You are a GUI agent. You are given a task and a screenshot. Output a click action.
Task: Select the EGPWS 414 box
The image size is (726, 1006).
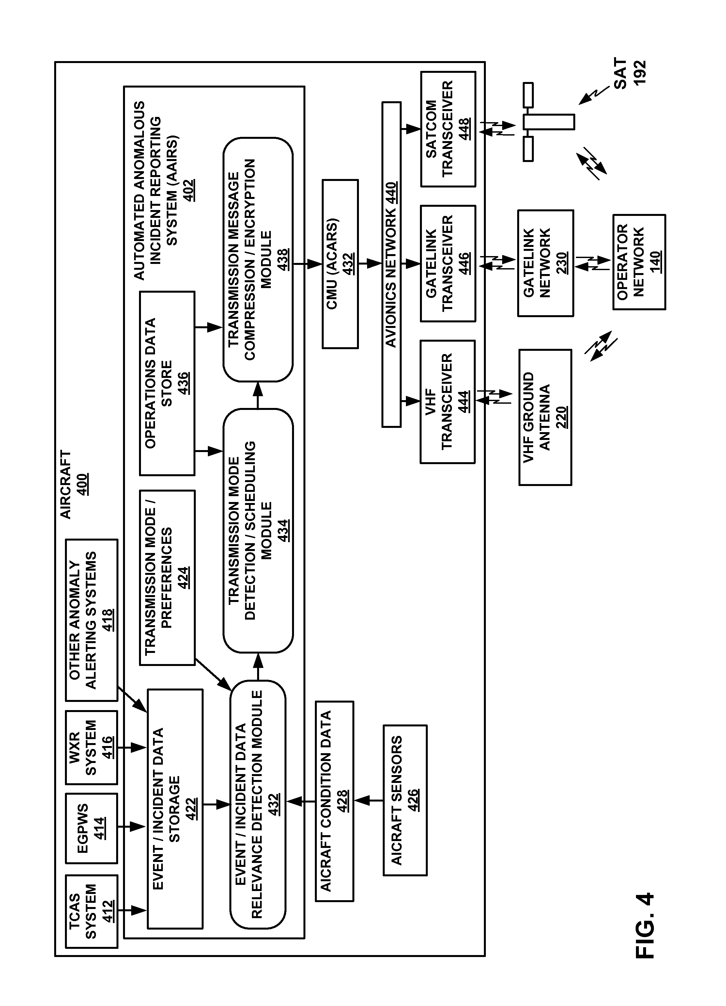coord(91,828)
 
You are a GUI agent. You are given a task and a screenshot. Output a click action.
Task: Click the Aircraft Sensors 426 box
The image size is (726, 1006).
coord(405,800)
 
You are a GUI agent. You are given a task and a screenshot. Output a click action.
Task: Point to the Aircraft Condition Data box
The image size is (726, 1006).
coord(334,801)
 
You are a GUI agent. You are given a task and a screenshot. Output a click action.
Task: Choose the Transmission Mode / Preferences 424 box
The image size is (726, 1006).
coord(167,577)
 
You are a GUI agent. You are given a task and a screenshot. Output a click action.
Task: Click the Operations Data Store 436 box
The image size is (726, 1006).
coord(167,383)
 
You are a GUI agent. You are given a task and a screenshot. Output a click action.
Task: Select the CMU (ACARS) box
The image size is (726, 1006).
coord(340,264)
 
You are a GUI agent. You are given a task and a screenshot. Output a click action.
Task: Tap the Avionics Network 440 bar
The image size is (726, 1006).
coord(391,264)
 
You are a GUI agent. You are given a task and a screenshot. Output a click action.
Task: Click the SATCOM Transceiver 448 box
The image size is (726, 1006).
coord(448,129)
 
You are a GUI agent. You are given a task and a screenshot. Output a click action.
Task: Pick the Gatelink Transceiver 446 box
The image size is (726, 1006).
coord(448,264)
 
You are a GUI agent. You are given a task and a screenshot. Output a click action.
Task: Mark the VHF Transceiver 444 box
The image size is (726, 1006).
coord(447,402)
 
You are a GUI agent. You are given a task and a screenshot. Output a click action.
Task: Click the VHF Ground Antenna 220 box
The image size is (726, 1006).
coord(545,417)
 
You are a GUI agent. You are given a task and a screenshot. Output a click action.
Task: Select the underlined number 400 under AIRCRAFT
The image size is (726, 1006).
coord(82,484)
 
